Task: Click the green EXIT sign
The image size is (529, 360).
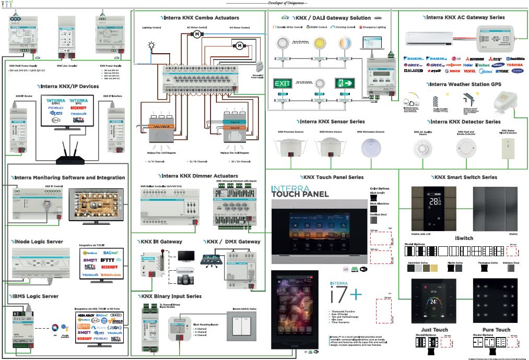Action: (x=283, y=83)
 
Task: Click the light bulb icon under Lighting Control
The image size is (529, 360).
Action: (x=152, y=46)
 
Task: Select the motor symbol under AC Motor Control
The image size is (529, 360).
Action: (x=197, y=34)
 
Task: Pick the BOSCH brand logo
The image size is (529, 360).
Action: (x=454, y=71)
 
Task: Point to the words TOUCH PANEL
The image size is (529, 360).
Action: (x=300, y=194)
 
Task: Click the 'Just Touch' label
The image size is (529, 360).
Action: (x=434, y=329)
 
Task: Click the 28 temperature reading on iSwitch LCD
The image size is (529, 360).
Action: (x=434, y=201)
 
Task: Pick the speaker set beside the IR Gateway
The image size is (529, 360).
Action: (x=185, y=279)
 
